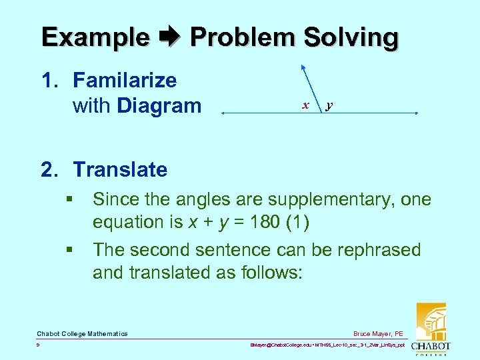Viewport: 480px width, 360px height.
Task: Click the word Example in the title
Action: (x=95, y=37)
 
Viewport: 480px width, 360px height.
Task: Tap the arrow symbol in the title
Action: (x=170, y=37)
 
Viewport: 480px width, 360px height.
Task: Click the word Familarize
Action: (x=125, y=81)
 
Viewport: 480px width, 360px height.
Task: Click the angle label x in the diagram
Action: (x=305, y=105)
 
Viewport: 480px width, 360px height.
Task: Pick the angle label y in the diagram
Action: (x=330, y=105)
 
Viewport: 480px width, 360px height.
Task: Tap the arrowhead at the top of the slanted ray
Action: (x=302, y=66)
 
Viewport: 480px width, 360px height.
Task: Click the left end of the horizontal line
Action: (x=223, y=115)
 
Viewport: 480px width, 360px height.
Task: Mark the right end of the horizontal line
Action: (x=417, y=115)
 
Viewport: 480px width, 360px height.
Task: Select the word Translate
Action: (x=120, y=169)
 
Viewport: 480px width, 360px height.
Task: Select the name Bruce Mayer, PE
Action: (x=379, y=334)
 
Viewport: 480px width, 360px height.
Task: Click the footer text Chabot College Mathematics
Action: (x=82, y=334)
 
